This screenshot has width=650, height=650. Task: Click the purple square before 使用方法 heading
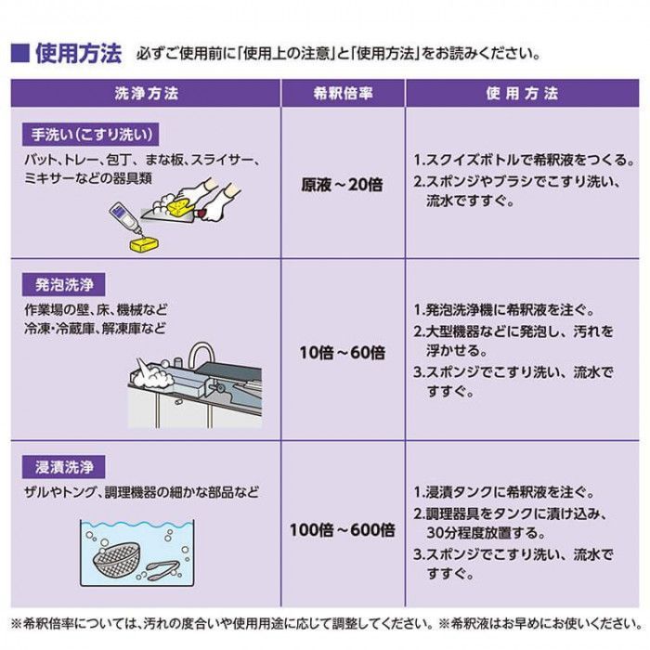click(20, 53)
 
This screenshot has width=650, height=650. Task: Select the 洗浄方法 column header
click(146, 94)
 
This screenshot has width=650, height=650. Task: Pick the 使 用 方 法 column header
click(522, 94)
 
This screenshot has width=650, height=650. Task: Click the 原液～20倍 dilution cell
click(342, 185)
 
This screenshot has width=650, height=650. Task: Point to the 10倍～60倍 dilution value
click(342, 354)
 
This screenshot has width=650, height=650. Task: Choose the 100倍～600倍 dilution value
click(342, 531)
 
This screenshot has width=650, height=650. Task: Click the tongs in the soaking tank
click(167, 567)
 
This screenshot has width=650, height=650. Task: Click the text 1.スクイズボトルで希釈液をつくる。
click(524, 159)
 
